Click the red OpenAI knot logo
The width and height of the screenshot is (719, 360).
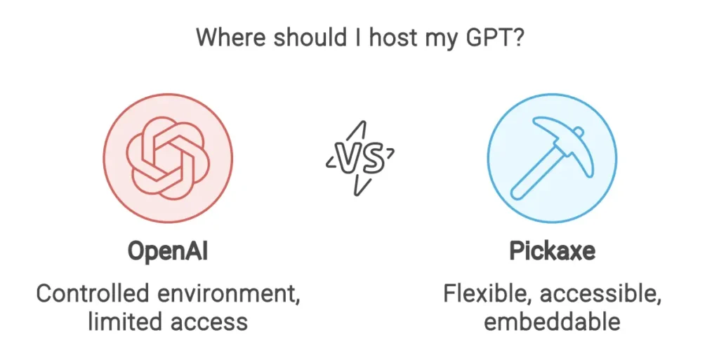click(168, 159)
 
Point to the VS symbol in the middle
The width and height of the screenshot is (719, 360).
click(360, 159)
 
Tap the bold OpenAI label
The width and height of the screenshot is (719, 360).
click(168, 251)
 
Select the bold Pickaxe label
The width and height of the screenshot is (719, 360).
click(552, 251)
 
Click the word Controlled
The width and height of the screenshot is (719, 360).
click(93, 293)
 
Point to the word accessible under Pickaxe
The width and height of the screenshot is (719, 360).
click(600, 294)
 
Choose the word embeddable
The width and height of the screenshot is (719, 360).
click(552, 321)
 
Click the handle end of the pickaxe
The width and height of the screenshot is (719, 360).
click(517, 193)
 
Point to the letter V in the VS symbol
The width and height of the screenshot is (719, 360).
click(348, 157)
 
